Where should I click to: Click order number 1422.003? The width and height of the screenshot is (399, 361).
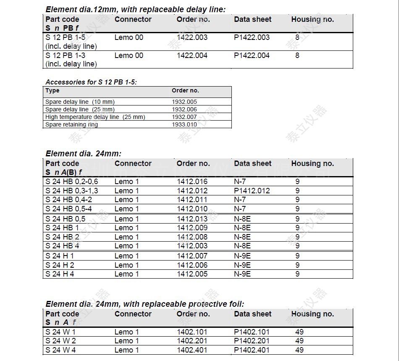pos(192,37)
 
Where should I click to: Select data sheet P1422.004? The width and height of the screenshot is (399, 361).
pos(252,55)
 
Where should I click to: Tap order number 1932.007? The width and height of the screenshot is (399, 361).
pos(184,117)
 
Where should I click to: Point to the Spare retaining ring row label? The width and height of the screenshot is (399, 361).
pos(72,124)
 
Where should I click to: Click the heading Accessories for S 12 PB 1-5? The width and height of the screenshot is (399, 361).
pos(91,82)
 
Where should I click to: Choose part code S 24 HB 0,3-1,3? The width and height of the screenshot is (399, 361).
pos(72,191)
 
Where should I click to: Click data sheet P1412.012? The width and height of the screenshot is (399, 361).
pos(252,191)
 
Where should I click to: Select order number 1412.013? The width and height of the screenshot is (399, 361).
pos(192,219)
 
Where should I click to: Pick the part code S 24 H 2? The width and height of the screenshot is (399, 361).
pos(60,265)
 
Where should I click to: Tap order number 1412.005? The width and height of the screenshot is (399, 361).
pos(192,274)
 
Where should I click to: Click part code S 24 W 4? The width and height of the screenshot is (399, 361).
pos(61,350)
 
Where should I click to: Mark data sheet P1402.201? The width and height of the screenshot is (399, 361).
pos(252,341)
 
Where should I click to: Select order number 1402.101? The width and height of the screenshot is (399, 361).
pos(192,332)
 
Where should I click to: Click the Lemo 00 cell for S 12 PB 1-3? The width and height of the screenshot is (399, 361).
pos(129,55)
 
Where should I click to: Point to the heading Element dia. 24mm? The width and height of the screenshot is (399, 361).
pos(84,153)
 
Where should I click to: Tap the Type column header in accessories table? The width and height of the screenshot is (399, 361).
pos(52,90)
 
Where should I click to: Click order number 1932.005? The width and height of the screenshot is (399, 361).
pos(184,102)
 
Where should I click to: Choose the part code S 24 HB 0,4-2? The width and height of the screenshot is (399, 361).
pos(69,200)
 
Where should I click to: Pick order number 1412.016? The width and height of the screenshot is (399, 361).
pos(192,182)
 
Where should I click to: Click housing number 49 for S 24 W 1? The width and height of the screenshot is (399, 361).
pos(299,332)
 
